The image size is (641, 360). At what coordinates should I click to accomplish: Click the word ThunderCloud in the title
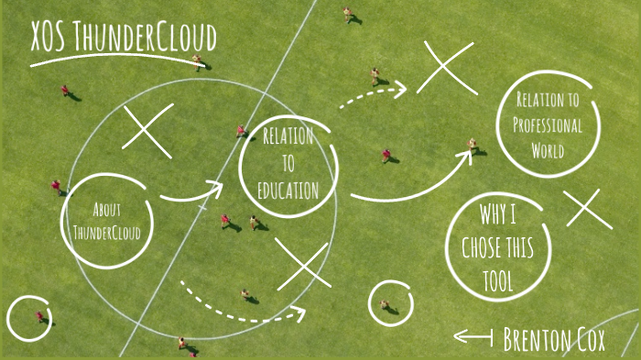[145, 38]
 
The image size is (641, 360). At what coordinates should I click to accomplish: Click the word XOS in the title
[49, 38]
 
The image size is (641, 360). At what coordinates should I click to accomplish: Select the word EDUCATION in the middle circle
[288, 192]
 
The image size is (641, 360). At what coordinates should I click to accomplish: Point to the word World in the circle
[547, 150]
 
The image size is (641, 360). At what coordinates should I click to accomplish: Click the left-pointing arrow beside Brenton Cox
[473, 337]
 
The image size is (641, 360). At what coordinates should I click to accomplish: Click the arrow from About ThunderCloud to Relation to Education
[191, 192]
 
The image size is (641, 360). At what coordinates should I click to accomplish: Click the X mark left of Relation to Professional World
[447, 68]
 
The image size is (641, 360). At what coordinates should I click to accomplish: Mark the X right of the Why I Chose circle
[588, 209]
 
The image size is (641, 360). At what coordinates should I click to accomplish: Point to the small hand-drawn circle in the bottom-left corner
[28, 318]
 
